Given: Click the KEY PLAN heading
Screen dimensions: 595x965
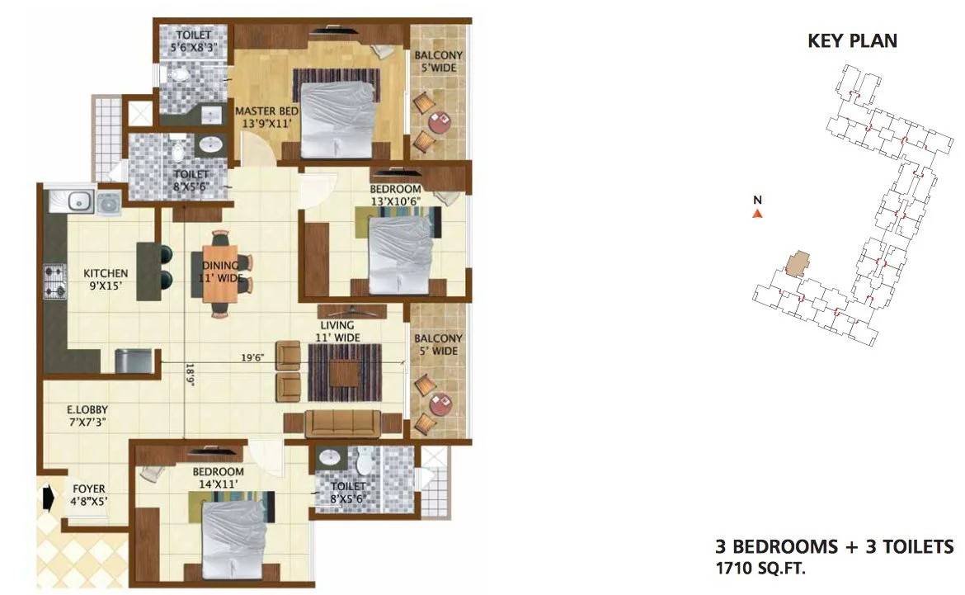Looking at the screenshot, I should coord(852,40).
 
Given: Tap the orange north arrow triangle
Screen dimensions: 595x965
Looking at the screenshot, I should coord(757,214).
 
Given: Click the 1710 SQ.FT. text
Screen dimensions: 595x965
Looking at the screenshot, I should coord(761,567).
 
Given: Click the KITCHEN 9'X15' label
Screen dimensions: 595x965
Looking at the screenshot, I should coord(105,281).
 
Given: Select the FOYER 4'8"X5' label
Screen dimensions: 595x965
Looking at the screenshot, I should coord(88,494).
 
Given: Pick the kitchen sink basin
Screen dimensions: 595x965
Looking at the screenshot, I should coord(79,200).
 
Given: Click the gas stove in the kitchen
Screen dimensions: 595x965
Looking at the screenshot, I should coord(54,281).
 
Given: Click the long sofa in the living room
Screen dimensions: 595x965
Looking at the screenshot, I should coord(343,423).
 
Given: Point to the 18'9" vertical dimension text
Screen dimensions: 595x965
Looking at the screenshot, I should coord(190,375).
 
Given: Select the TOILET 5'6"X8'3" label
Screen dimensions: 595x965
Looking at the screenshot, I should coord(194,42).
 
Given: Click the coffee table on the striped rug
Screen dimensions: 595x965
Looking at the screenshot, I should coord(344,373).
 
